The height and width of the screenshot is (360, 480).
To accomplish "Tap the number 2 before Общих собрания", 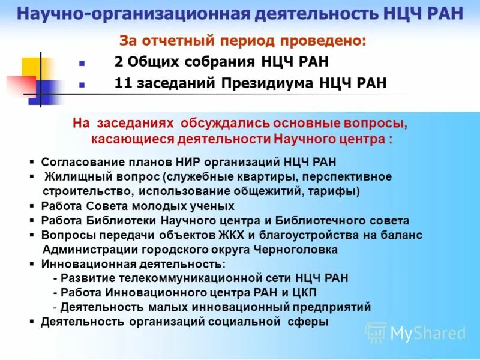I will (x=118, y=62).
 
